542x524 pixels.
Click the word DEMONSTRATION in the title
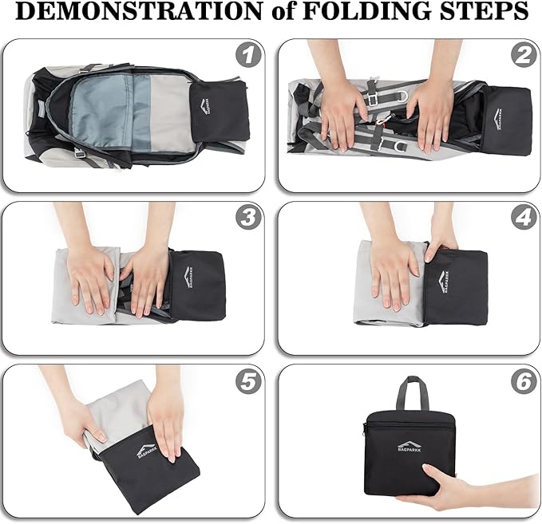(x=139, y=11)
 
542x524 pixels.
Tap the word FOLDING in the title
(x=368, y=11)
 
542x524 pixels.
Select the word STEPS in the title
(x=484, y=11)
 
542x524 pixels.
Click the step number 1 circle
(x=247, y=55)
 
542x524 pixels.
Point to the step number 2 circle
(x=524, y=55)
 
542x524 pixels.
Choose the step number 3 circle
(x=247, y=219)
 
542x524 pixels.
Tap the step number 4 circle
(x=524, y=219)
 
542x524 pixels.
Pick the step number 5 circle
(x=247, y=381)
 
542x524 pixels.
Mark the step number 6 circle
(x=524, y=381)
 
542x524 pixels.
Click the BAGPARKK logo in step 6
(x=409, y=447)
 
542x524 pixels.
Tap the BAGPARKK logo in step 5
(x=147, y=449)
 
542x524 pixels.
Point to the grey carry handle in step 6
(x=413, y=393)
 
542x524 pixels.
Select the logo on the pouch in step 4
(x=444, y=282)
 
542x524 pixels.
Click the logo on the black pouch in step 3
(x=188, y=278)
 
